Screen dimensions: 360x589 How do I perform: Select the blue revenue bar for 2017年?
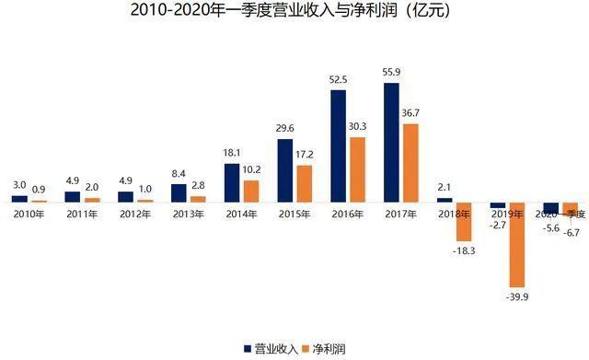[391, 143]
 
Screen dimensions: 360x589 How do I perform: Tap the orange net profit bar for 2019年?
[517, 245]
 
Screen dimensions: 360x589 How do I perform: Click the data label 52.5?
[338, 80]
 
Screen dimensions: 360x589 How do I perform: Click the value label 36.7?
[411, 113]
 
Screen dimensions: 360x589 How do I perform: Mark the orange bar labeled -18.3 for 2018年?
[464, 221]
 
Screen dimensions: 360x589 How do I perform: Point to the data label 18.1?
[232, 154]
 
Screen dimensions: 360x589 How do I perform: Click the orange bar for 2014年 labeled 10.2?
[251, 192]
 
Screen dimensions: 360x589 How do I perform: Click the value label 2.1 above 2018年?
[444, 188]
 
